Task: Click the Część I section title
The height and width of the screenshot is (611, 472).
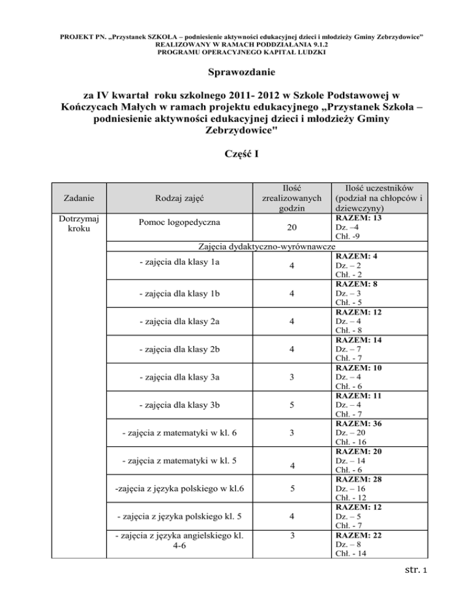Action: [236, 154]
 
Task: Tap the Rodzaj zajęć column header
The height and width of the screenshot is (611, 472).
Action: [180, 198]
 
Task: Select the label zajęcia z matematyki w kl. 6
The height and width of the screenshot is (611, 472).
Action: [181, 434]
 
